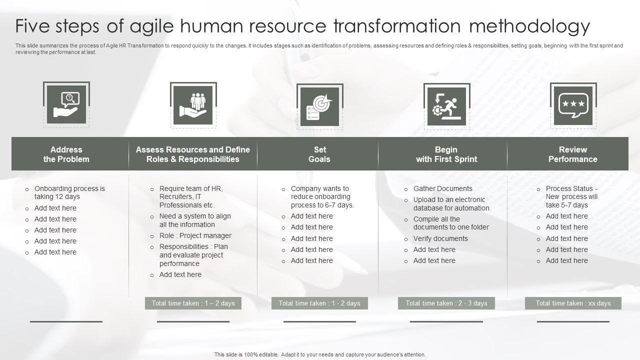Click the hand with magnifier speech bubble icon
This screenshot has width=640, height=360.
[66, 105]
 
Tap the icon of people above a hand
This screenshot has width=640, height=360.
[193, 105]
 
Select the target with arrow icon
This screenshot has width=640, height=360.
[319, 105]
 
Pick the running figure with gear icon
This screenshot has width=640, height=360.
[446, 105]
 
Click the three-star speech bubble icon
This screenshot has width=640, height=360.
[573, 105]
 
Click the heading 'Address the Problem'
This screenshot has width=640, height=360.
[66, 154]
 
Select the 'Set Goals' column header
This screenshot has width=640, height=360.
[319, 154]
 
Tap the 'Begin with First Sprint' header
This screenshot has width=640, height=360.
[446, 154]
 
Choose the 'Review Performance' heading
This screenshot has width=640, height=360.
[573, 154]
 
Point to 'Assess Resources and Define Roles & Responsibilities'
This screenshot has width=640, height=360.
[193, 154]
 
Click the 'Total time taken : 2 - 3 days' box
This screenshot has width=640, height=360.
[446, 303]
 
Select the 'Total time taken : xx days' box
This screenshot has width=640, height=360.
[573, 303]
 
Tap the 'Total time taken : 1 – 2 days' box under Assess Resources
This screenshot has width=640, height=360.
[193, 303]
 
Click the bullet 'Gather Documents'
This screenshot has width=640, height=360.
[442, 188]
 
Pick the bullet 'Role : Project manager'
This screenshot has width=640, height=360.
[195, 235]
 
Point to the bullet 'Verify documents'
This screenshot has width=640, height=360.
[440, 238]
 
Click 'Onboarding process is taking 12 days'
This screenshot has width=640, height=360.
[69, 192]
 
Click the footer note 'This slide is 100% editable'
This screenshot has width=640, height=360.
[320, 354]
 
